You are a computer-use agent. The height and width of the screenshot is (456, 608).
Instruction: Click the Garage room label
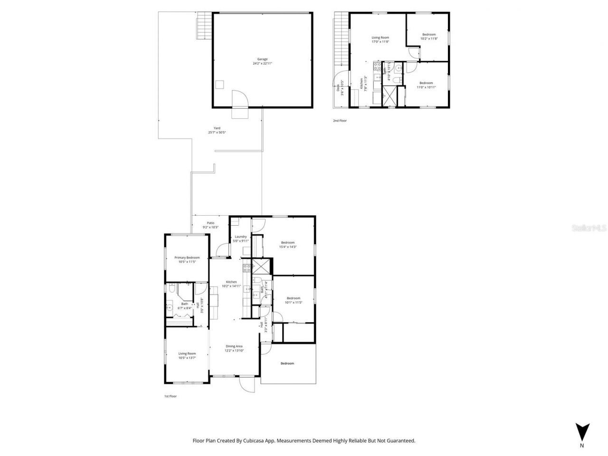tap(262, 59)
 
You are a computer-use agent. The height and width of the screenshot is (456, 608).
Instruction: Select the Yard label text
tap(217, 128)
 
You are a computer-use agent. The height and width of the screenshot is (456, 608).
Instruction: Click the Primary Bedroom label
tap(187, 257)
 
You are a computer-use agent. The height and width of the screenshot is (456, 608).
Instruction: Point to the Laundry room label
tap(240, 237)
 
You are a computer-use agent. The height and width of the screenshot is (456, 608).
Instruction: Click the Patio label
tap(210, 223)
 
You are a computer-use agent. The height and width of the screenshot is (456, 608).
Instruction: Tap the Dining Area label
tap(234, 346)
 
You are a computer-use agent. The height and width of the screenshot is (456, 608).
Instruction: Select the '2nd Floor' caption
tap(340, 121)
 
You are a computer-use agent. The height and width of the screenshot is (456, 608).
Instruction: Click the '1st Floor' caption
tap(170, 396)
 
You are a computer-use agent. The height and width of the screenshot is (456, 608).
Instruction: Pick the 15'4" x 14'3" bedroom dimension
tap(288, 247)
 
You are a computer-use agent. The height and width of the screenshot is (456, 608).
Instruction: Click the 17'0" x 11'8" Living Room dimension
tap(380, 42)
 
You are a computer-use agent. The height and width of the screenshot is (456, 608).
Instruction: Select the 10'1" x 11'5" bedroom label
tap(293, 302)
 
